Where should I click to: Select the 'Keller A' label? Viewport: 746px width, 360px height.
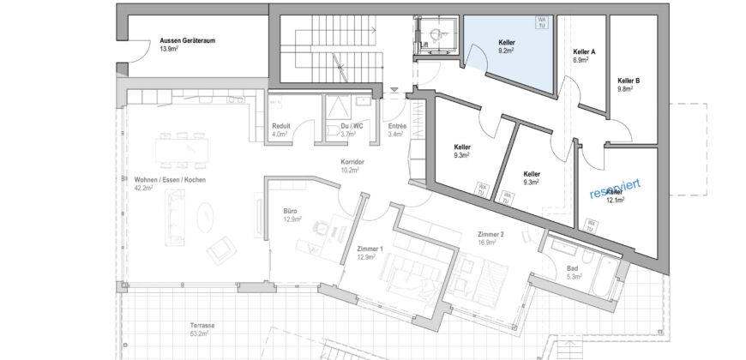pyautogui.click(x=584, y=52)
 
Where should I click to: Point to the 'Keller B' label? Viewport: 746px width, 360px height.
pyautogui.click(x=629, y=81)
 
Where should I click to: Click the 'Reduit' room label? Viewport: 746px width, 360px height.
pyautogui.click(x=280, y=126)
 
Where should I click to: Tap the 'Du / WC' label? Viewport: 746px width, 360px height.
pyautogui.click(x=346, y=126)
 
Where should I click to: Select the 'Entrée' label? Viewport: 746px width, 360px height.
pyautogui.click(x=397, y=126)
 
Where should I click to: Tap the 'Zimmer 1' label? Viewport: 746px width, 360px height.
pyautogui.click(x=370, y=248)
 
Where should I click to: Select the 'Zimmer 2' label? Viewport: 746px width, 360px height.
pyautogui.click(x=490, y=233)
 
